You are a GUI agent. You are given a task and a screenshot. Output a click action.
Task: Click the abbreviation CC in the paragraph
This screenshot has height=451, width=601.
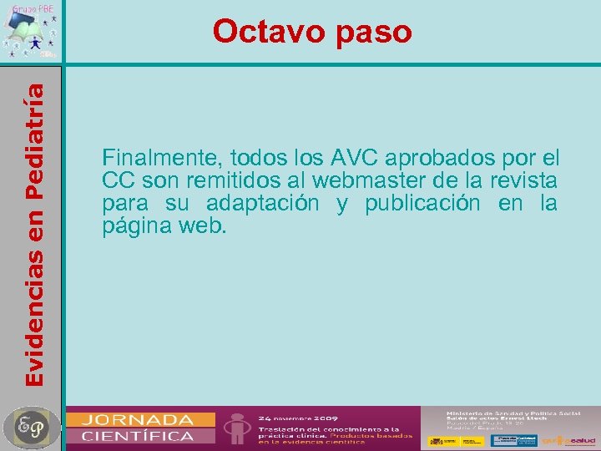pos(117,180)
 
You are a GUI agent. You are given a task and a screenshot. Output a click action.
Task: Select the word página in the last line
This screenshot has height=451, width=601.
pos(133,226)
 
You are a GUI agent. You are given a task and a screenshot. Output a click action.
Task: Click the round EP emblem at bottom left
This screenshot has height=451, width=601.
pos(31,427)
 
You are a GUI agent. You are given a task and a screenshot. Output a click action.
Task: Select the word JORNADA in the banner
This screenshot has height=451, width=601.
pos(139,419)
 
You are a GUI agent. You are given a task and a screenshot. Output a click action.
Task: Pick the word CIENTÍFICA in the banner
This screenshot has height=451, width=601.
pos(139,435)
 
